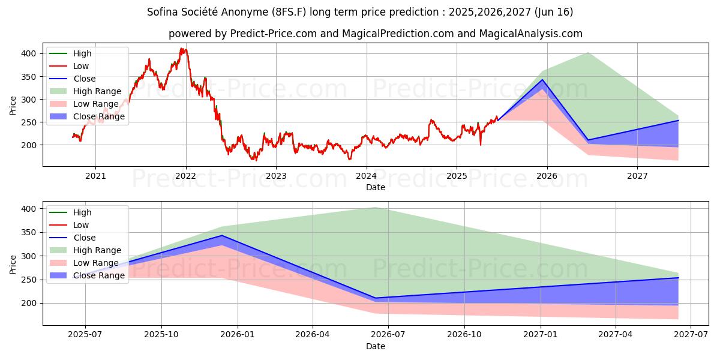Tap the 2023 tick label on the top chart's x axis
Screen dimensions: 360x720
[x=276, y=176]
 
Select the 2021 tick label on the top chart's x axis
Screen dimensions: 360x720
[x=95, y=176]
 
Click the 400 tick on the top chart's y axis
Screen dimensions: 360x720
[x=29, y=53]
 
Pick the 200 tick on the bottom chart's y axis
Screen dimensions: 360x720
[x=29, y=303]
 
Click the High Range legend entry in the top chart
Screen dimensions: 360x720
[x=97, y=91]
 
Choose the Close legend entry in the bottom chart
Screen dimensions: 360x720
[x=84, y=238]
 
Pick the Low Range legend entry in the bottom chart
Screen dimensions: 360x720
[x=95, y=263]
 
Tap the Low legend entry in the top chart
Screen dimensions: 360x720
[x=81, y=66]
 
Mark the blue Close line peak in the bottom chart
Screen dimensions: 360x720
[x=222, y=235]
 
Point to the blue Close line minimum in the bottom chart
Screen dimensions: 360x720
[x=376, y=298]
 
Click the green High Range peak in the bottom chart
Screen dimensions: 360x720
[x=376, y=207]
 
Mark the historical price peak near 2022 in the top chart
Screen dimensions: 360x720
[x=182, y=49]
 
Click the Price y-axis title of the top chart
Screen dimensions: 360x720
[x=13, y=105]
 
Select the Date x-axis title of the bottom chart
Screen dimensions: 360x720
[x=376, y=347]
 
